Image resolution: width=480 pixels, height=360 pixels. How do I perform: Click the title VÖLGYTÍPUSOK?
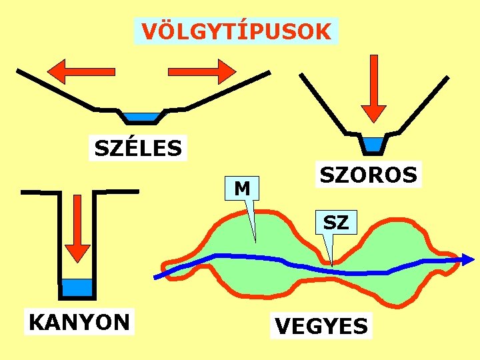click(236, 31)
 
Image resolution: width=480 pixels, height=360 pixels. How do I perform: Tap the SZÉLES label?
click(138, 148)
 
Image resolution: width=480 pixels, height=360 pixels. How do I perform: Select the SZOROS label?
click(369, 175)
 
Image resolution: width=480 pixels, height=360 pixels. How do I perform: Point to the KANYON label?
click(79, 322)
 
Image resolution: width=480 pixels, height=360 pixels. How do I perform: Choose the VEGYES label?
click(321, 326)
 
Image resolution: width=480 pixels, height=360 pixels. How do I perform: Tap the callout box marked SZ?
click(336, 222)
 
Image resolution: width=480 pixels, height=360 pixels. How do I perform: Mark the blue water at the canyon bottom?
click(77, 287)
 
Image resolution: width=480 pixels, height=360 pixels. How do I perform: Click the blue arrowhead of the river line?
click(469, 259)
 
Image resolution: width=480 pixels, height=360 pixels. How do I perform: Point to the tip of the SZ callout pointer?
click(331, 266)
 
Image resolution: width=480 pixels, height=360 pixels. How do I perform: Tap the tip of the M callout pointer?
click(254, 240)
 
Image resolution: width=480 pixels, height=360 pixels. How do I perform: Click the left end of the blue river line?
click(156, 277)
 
